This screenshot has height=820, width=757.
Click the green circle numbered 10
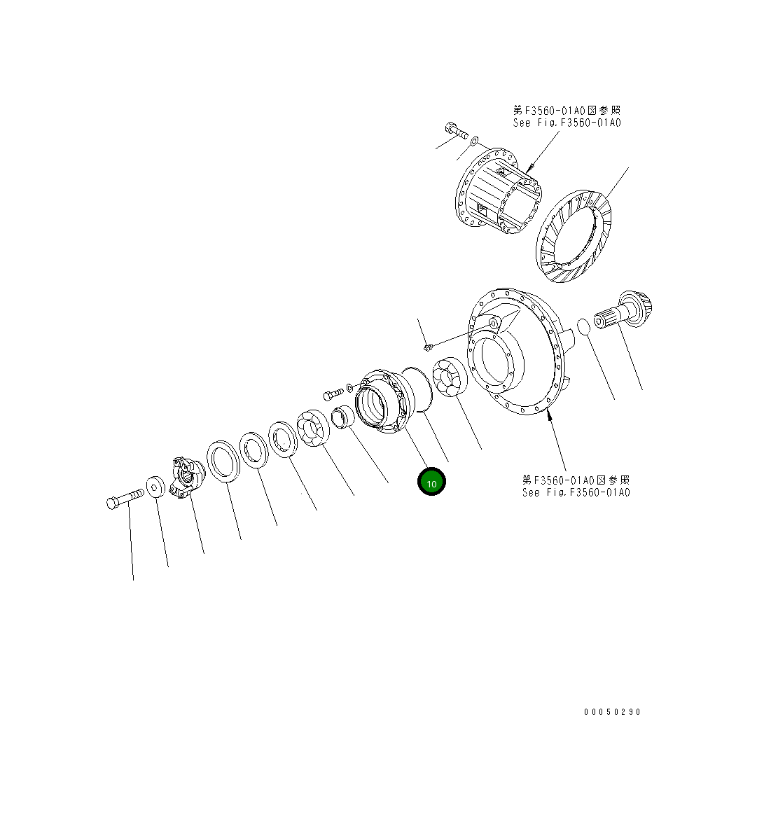point(431,482)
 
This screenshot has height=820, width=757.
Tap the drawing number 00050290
point(612,711)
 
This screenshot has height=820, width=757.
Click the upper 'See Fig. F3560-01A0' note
point(567,117)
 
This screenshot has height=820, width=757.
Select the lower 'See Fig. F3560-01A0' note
point(576,487)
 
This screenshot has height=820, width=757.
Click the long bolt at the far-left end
point(125,498)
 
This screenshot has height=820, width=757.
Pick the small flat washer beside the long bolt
point(155,487)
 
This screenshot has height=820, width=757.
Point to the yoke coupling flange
point(188,478)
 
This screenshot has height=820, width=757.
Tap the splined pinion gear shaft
point(623,311)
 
